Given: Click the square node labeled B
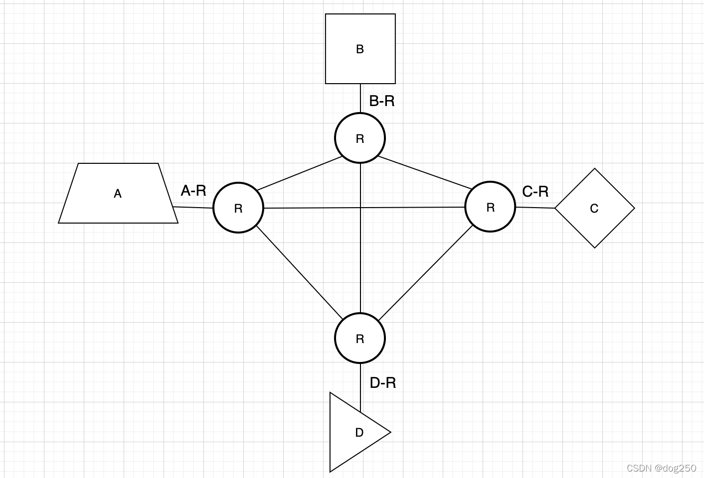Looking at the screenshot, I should tap(360, 49).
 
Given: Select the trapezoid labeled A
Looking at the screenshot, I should tap(118, 193).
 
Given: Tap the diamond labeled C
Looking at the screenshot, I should tap(594, 208).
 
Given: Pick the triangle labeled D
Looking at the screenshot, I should tap(355, 432).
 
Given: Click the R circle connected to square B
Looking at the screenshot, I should tap(360, 138).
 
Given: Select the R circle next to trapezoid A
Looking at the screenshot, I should tap(238, 208).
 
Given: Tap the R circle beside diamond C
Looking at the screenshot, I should tap(490, 207).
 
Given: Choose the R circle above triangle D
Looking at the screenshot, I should tap(360, 338).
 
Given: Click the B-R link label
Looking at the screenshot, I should tap(382, 101).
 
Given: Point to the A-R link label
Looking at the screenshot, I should tap(193, 191).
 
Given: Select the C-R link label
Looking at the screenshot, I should tap(535, 191).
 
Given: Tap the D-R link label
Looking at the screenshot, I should tap(383, 383).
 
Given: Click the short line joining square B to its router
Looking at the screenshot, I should tap(360, 98).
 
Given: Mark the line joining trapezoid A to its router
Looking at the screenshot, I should tap(193, 207).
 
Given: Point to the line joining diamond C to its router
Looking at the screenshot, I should tap(535, 208).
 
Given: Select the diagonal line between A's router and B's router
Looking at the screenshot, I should tap(299, 174).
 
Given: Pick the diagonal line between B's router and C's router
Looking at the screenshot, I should tap(425, 172).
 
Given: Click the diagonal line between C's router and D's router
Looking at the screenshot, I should tap(425, 273).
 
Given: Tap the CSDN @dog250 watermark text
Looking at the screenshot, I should tap(661, 468).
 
